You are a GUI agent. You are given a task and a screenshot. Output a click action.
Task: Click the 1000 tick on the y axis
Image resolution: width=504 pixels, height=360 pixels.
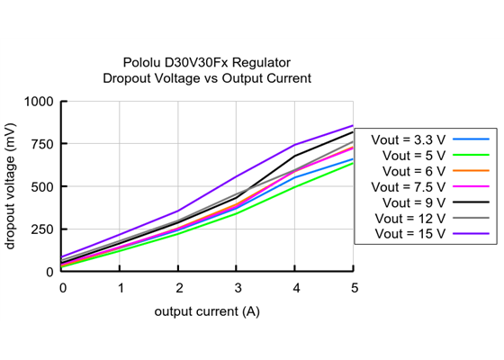[39, 102]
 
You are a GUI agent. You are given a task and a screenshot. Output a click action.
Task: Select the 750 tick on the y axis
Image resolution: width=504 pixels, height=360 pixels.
[42, 144]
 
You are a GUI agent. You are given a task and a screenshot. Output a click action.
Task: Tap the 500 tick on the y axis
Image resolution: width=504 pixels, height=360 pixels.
[42, 186]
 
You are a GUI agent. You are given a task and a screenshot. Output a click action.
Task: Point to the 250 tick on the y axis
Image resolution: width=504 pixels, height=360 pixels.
[42, 229]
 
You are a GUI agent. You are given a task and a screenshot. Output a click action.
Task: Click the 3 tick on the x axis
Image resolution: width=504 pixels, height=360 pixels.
[238, 287]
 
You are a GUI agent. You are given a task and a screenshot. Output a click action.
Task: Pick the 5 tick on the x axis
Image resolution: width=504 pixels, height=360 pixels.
[354, 287]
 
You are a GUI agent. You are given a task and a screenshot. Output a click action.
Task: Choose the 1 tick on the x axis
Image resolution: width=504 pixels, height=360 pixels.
[121, 287]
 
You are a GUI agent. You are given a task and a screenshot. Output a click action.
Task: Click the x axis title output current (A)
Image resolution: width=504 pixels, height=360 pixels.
[207, 310]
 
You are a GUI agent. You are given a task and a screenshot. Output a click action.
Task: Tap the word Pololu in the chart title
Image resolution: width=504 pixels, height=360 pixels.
[142, 63]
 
